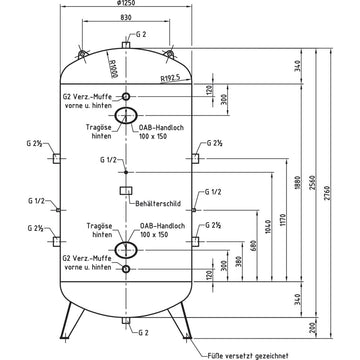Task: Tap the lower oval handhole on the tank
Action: [127, 248]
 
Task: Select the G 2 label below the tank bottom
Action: [143, 332]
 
